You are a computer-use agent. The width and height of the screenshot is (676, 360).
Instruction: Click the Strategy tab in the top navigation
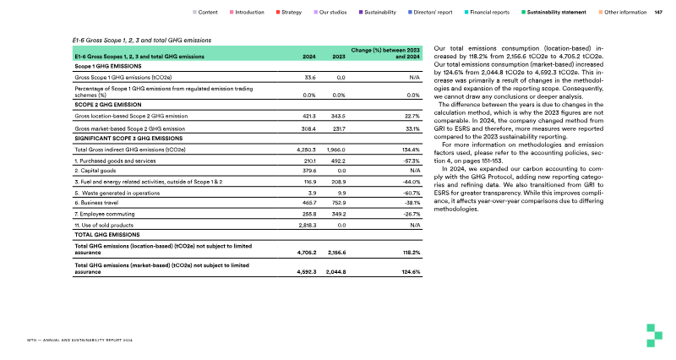292,13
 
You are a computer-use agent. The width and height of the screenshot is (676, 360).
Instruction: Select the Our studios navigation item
336,13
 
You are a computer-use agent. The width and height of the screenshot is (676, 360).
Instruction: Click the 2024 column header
310,57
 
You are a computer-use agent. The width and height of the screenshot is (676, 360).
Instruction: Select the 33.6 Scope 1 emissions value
309,76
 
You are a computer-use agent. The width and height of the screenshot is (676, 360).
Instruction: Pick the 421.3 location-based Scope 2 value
308,116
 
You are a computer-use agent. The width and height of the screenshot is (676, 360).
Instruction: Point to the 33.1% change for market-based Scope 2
410,128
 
